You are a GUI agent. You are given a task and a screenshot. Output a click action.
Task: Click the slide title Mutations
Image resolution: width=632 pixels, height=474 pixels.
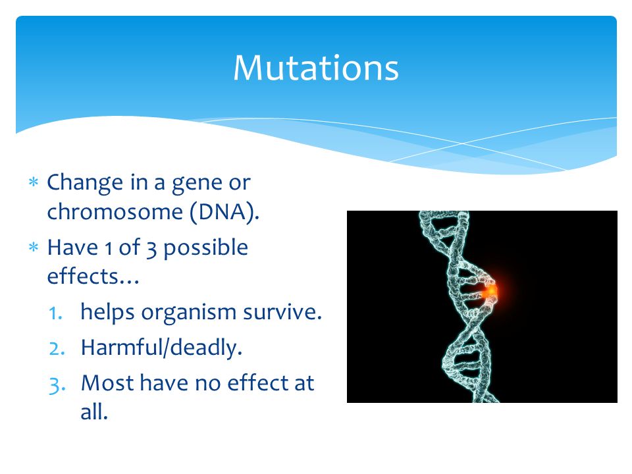(316, 67)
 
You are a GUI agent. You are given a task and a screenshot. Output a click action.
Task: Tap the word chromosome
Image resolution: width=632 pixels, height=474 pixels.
(115, 211)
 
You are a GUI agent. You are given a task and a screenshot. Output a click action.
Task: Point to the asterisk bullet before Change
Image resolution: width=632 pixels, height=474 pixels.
(34, 182)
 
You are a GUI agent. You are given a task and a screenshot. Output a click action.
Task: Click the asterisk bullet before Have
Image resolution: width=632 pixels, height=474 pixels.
(34, 247)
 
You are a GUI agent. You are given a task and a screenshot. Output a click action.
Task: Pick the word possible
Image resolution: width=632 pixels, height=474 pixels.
(205, 248)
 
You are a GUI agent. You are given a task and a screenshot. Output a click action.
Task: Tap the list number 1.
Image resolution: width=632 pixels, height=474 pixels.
(55, 313)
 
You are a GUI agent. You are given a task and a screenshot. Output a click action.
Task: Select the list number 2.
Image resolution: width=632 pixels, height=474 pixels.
(57, 349)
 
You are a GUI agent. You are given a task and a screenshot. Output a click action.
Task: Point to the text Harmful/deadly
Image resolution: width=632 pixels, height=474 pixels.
(161, 348)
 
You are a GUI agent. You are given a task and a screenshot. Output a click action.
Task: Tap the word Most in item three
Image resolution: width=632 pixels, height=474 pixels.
(107, 383)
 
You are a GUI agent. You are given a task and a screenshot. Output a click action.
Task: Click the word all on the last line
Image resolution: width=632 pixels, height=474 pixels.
(94, 412)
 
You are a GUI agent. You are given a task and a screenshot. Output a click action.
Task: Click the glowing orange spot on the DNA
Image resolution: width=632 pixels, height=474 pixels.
(490, 291)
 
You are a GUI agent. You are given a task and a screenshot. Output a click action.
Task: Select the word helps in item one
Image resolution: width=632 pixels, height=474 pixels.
(107, 313)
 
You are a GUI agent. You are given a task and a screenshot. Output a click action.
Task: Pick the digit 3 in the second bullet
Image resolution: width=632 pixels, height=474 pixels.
(151, 249)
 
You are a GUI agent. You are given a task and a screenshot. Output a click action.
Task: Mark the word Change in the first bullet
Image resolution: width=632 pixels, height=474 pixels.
(85, 184)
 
